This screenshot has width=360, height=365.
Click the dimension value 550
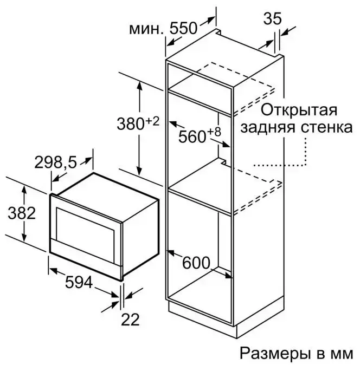[x=183, y=28]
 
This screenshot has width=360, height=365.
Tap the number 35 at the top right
[x=272, y=18]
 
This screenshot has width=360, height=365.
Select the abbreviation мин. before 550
[x=146, y=29]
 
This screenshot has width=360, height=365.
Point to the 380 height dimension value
[x=131, y=123]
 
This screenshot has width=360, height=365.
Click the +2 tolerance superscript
[x=152, y=121]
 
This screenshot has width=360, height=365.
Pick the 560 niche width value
[x=192, y=136]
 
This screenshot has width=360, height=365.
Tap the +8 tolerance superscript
[x=214, y=132]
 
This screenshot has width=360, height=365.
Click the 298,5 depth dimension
[x=55, y=162]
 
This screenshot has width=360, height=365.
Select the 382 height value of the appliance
[x=22, y=213]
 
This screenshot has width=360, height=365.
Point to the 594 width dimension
[x=79, y=282]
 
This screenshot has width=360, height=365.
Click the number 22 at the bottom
[x=130, y=320]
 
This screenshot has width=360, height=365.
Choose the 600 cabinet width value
[x=196, y=263]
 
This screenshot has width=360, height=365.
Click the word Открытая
[x=299, y=110]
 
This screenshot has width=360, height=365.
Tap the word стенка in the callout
[x=326, y=128]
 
